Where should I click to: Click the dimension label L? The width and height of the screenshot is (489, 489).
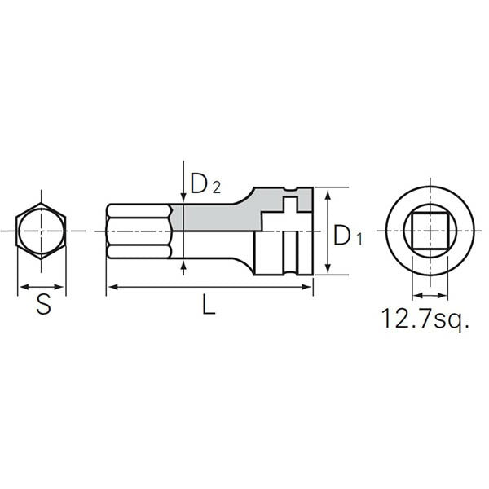(209, 307)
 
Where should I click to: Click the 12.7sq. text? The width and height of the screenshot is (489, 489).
(425, 318)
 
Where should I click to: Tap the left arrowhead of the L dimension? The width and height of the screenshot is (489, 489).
(111, 286)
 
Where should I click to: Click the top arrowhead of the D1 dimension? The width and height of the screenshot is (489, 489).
(327, 193)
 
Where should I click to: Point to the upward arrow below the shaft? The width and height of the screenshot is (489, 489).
(183, 265)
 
